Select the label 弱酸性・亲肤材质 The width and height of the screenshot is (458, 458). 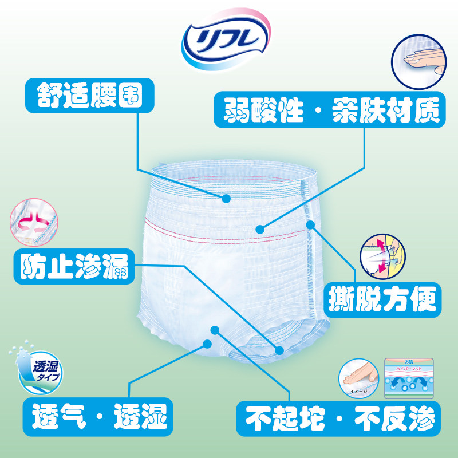tap(329, 110)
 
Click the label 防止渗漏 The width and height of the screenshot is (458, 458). tap(74, 266)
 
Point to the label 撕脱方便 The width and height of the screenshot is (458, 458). tap(383, 298)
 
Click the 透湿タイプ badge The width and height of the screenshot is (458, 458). tap(35, 370)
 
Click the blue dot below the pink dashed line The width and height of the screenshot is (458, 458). tap(260, 228)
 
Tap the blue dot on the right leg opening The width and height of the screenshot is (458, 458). tap(279, 349)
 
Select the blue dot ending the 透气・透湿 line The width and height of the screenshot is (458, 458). tap(207, 343)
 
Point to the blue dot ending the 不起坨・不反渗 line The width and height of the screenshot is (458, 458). tap(215, 330)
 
